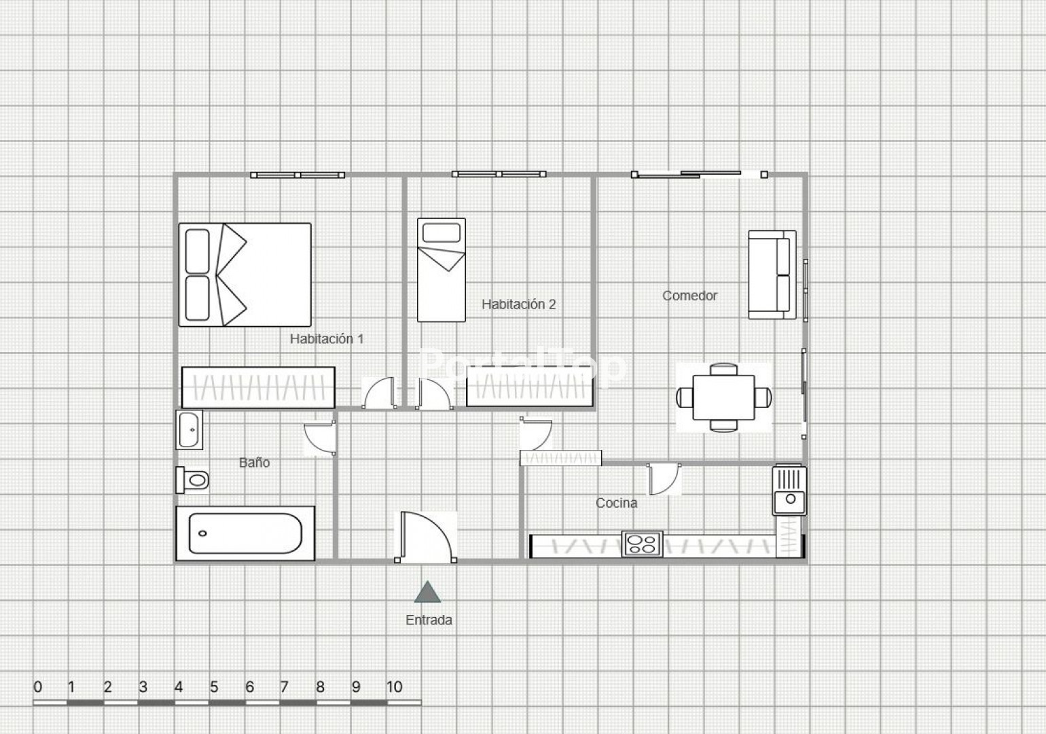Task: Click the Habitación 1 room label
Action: [327, 338]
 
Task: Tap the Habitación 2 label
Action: [519, 304]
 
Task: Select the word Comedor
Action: [689, 295]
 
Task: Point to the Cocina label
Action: [617, 503]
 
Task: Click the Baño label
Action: [255, 462]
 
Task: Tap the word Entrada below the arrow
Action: [429, 620]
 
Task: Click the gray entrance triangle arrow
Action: [427, 593]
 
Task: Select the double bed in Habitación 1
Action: [245, 275]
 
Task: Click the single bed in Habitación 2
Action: [441, 270]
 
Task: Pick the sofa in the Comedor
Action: [772, 275]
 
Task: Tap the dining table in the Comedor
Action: [724, 398]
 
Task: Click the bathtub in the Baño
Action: [245, 533]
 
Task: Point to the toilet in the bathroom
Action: [192, 480]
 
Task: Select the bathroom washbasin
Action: [190, 430]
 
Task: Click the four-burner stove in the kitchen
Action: [642, 544]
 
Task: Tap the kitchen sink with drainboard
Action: [789, 491]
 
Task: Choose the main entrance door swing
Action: [426, 538]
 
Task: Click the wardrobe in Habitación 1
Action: [258, 387]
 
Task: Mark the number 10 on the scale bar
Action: [394, 687]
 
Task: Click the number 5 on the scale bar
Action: [214, 687]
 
